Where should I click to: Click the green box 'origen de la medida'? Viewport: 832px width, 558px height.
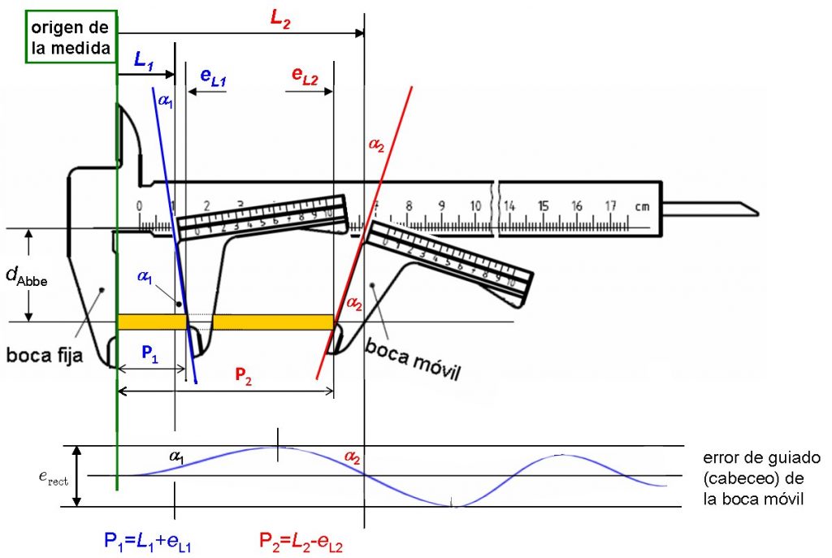pyautogui.click(x=71, y=37)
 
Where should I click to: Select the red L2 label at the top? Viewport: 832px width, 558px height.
pyautogui.click(x=279, y=18)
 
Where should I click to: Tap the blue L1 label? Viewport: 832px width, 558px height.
pyautogui.click(x=144, y=60)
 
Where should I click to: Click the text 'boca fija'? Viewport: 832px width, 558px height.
pyautogui.click(x=45, y=355)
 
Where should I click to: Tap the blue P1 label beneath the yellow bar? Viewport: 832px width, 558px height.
pyautogui.click(x=150, y=353)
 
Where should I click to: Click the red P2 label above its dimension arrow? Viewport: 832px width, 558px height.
pyautogui.click(x=244, y=374)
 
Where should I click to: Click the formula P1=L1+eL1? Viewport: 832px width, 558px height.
pyautogui.click(x=146, y=540)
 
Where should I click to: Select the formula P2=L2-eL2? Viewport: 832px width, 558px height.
pyautogui.click(x=301, y=540)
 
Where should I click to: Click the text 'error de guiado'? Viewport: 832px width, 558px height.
pyautogui.click(x=755, y=458)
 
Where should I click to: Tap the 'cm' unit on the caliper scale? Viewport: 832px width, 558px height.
pyautogui.click(x=642, y=206)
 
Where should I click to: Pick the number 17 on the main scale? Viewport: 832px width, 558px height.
pyautogui.click(x=612, y=206)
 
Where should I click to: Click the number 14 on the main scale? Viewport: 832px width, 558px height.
pyautogui.click(x=510, y=206)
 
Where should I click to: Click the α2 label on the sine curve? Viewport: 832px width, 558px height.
pyautogui.click(x=352, y=458)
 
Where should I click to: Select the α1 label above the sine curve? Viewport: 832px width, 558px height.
pyautogui.click(x=175, y=457)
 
